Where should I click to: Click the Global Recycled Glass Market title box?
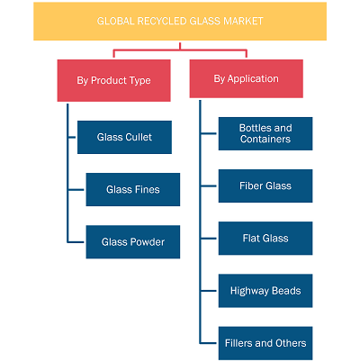180,22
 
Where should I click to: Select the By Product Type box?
114,80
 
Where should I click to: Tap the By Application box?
247,78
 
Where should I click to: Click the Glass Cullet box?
124,137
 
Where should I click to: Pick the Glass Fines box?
133,189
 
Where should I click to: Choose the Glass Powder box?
133,242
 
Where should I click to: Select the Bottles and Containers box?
265,133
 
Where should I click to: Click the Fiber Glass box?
265,186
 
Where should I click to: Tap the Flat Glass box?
265,239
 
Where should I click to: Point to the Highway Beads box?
265,291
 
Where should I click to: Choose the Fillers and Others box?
265,343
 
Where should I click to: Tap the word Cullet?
139,137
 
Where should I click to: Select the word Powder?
148,242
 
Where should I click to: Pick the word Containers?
265,139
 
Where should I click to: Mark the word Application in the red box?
253,79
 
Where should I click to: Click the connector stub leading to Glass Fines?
76,190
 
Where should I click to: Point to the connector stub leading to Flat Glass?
209,239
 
